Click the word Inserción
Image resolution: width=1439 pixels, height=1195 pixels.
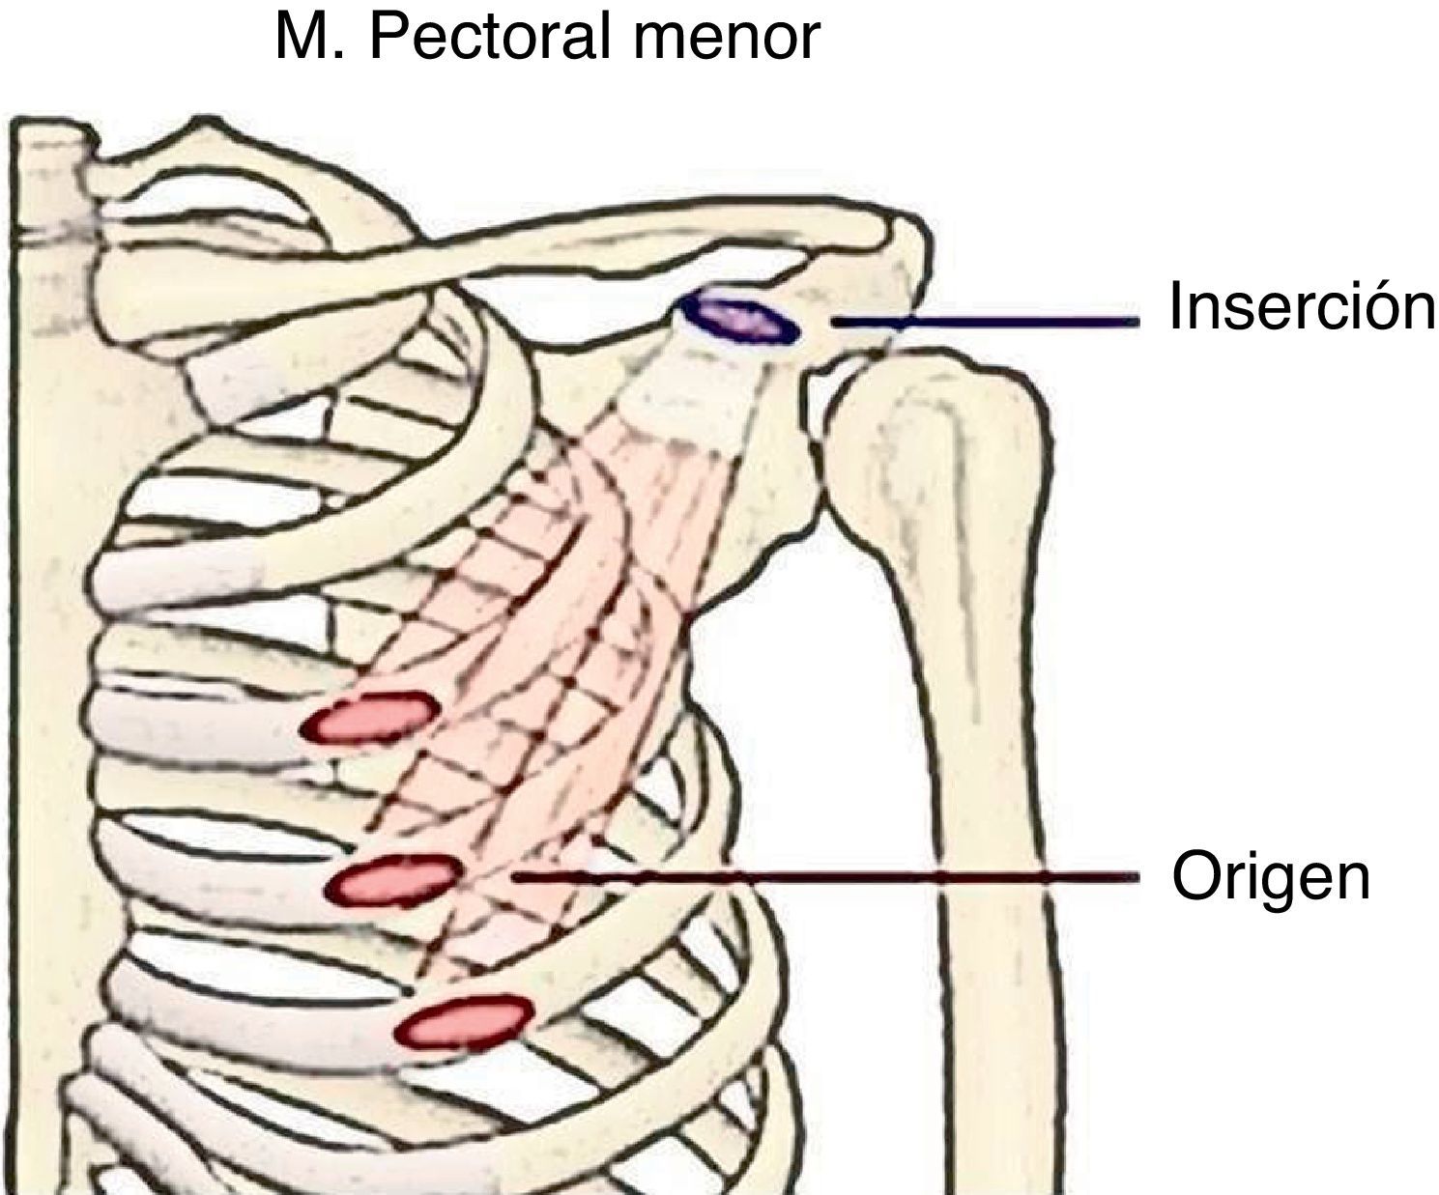[1300, 306]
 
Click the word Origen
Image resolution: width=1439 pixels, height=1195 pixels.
[1271, 877]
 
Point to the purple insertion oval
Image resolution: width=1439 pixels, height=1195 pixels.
[739, 319]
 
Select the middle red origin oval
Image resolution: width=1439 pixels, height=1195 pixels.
[391, 879]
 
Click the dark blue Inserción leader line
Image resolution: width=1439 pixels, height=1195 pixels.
[986, 322]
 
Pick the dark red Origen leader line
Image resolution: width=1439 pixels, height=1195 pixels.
[821, 876]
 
